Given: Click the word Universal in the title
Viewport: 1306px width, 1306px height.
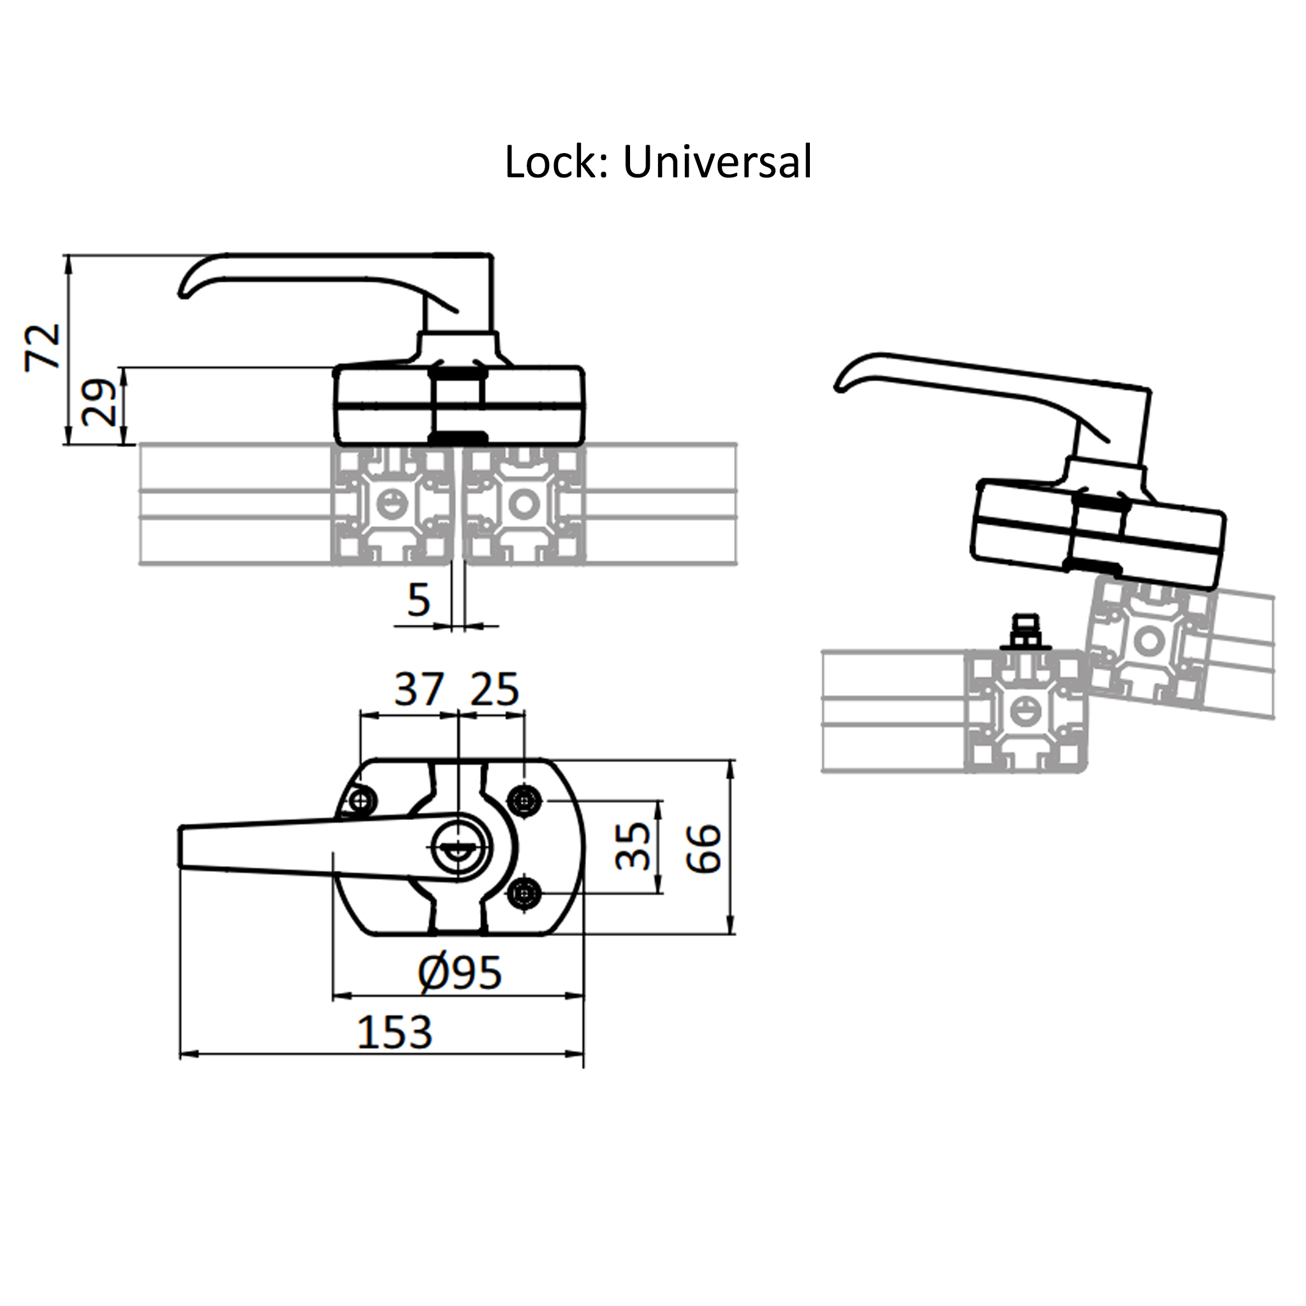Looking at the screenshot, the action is [x=717, y=162].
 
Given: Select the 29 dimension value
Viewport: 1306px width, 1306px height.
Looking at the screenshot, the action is [x=99, y=403].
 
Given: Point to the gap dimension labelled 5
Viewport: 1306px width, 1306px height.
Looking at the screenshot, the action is [x=419, y=599].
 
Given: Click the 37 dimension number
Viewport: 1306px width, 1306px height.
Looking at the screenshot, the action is [x=419, y=689].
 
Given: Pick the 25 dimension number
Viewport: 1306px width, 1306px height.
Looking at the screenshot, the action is [x=495, y=689].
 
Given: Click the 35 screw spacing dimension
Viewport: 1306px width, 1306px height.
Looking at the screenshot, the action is [x=633, y=846].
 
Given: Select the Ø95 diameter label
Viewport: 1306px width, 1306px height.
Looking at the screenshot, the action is [x=460, y=973].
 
